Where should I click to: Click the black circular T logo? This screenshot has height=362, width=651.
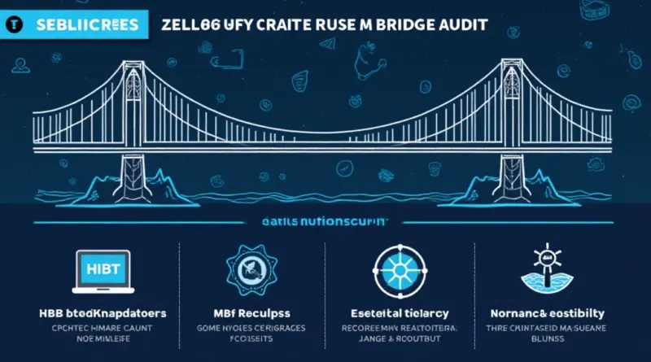pos(14,24)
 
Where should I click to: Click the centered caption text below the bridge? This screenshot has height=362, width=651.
pos(325,220)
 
